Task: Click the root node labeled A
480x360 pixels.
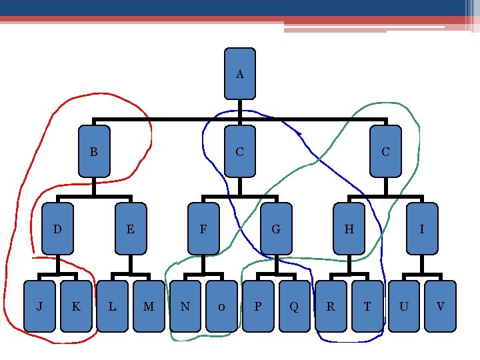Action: point(240,73)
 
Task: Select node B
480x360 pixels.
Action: point(94,151)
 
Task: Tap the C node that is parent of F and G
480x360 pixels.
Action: point(240,151)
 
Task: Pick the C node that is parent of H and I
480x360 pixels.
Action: point(385,151)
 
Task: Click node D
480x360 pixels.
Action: point(57,229)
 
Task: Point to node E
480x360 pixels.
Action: point(131,229)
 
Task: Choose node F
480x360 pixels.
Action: point(203,229)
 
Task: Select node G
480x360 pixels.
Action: point(276,229)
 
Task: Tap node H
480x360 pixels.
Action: point(349,229)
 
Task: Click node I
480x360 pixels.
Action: point(421,229)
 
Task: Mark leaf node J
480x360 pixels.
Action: point(39,307)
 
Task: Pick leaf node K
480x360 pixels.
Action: point(76,307)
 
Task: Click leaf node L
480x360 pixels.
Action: point(112,307)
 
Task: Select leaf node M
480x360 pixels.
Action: point(149,307)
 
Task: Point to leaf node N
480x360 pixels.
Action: point(185,307)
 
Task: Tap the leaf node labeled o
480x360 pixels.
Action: point(221,307)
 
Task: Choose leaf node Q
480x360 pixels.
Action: point(294,307)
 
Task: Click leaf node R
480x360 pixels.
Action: point(331,307)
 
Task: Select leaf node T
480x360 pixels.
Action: point(367,307)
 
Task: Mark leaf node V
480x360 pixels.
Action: point(440,307)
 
